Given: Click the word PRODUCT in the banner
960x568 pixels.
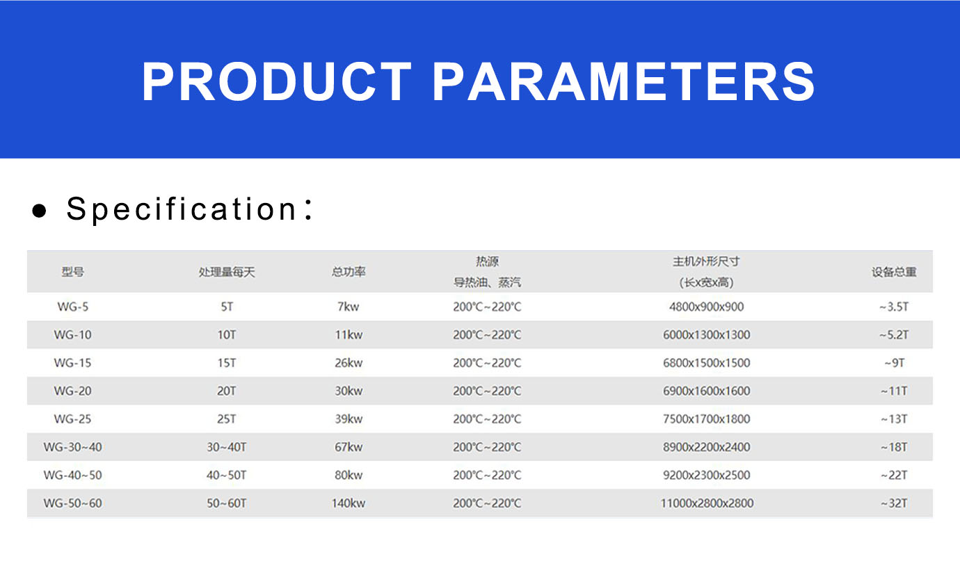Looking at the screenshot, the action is pos(277,81).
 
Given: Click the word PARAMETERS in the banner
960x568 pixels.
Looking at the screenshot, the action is pos(623,81).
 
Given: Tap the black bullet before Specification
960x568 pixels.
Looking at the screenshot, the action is pos(40,211).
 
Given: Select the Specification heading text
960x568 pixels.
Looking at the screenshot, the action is pos(190,209).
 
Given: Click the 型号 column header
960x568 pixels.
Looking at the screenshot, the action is pos(73,272).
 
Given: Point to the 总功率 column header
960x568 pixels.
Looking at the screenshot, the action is pos(349,272).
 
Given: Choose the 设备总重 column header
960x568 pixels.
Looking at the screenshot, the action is pos(894,272).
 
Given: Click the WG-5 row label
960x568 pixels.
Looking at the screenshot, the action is pos(73,307).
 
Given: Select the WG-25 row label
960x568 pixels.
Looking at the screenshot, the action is pos(73,419).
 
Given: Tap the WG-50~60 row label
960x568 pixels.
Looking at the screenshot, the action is pos(73,503).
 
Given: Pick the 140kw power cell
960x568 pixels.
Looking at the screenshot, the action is pos(349,503).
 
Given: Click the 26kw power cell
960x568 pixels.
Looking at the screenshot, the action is pos(349,363).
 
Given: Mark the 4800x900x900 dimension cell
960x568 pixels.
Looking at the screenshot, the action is pos(707,307).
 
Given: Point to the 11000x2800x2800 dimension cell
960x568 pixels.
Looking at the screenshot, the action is pos(707,503).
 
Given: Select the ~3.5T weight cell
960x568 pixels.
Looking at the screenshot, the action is pos(894,307).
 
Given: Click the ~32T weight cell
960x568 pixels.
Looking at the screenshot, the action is pos(894,503).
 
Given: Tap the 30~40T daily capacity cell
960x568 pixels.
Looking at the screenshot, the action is pos(227,447).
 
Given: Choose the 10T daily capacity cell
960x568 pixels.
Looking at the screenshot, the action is pos(227,334).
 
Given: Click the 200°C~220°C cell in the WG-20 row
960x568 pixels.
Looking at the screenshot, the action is pos(487,391).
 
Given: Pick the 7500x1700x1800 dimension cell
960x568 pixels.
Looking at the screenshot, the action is pos(707,419).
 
